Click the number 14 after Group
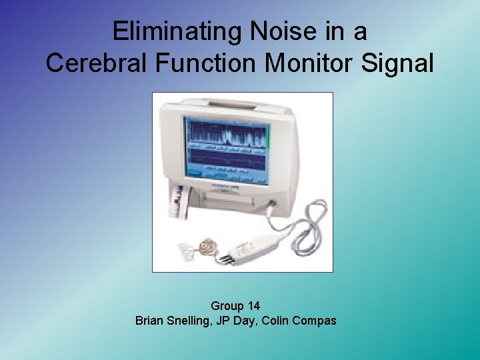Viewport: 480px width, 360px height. (253, 306)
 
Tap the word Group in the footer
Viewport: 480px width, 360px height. (227, 306)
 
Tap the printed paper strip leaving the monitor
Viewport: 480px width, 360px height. (177, 203)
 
